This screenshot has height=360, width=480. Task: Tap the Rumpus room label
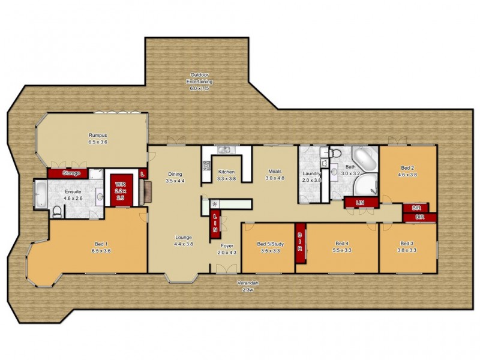[98, 139]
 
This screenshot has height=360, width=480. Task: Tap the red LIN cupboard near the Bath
[360, 203]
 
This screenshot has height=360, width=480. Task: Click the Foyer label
[226, 248]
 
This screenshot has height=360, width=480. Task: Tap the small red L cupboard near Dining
[142, 173]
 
